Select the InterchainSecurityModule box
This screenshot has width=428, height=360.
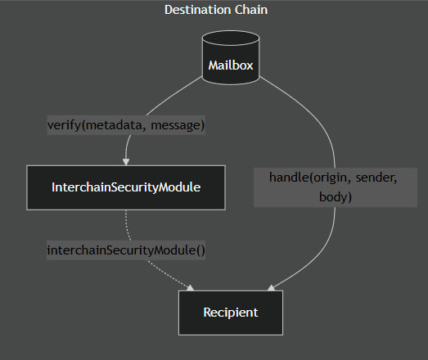[126, 187]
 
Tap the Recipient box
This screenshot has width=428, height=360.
[231, 312]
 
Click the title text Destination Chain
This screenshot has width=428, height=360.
[216, 10]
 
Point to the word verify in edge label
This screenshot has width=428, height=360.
[64, 125]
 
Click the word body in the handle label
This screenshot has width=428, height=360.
[336, 197]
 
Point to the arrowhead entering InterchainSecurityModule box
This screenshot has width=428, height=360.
[126, 160]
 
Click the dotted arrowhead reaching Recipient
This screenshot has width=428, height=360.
[191, 288]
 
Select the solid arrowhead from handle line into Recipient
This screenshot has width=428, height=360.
[271, 288]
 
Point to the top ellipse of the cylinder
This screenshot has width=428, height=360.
[231, 39]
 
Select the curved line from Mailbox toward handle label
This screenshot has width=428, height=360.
[315, 115]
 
